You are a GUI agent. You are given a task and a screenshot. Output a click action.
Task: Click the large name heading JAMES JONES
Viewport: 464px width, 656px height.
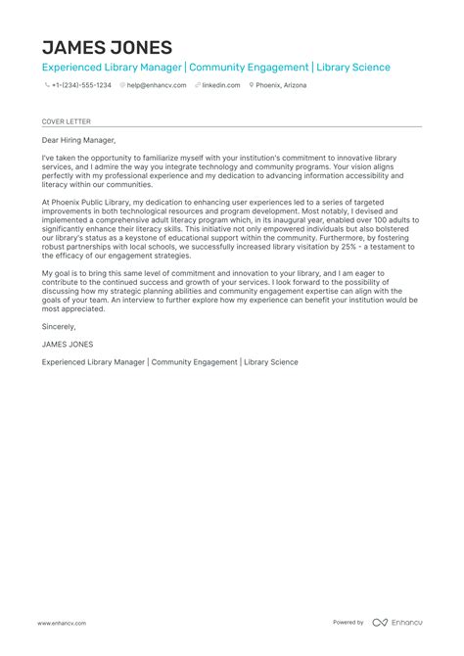click(x=107, y=47)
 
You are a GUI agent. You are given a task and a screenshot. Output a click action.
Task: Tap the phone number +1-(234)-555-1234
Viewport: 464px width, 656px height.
click(x=82, y=85)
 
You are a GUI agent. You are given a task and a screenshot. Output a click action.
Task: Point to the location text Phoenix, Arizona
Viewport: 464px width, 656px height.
click(x=282, y=85)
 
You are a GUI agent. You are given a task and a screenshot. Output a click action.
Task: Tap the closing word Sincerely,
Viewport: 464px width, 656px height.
click(x=59, y=326)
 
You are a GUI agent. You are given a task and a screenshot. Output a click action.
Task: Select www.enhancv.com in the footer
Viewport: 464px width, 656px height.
click(x=63, y=623)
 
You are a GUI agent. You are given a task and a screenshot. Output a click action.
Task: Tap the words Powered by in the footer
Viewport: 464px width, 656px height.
click(x=348, y=623)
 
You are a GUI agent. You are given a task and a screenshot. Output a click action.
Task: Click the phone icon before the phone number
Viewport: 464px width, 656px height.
click(x=47, y=85)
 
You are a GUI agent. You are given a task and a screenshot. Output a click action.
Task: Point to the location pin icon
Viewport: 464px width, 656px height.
click(x=253, y=85)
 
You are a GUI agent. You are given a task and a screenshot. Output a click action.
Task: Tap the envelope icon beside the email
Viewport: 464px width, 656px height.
click(x=122, y=85)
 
